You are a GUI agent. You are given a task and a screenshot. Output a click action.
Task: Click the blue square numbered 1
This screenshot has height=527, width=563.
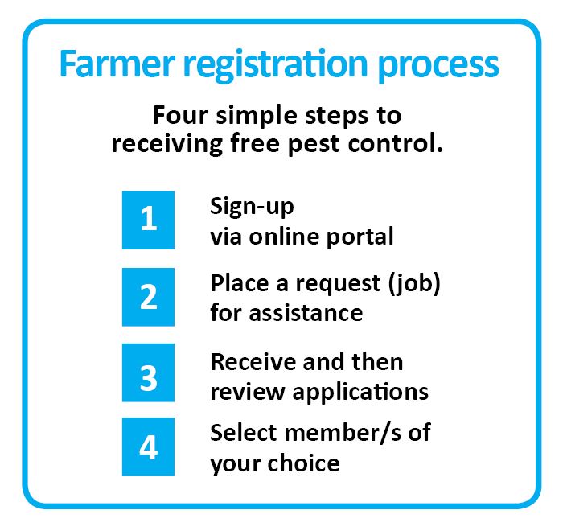(x=148, y=220)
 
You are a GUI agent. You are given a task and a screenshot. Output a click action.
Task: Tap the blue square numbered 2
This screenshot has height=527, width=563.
(x=148, y=297)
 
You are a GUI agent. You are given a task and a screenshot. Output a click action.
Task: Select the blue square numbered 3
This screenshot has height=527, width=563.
(x=148, y=373)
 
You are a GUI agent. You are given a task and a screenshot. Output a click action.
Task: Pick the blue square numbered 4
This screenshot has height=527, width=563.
(x=148, y=447)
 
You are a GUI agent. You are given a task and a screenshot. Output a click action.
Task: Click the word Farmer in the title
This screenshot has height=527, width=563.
(x=117, y=64)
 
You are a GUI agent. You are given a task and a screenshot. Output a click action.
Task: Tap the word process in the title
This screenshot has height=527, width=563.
(x=438, y=67)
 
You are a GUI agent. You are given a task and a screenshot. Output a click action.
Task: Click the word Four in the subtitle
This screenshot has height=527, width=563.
(x=180, y=115)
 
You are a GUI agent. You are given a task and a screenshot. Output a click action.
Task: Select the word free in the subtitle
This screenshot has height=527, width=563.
(x=255, y=143)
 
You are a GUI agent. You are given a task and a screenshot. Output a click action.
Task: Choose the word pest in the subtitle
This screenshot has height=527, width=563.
(x=314, y=145)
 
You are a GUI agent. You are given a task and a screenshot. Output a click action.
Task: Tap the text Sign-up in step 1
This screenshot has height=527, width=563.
(x=252, y=208)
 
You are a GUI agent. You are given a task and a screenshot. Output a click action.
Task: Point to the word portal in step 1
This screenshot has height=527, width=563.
(x=360, y=237)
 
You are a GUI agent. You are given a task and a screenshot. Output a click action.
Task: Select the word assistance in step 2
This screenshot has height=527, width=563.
(x=306, y=313)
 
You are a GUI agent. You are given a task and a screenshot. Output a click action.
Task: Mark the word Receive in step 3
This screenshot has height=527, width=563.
(x=253, y=362)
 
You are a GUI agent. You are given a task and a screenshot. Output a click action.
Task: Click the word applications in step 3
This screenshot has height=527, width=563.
(x=360, y=393)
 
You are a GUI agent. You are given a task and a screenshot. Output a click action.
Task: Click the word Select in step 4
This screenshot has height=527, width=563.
(x=244, y=433)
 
